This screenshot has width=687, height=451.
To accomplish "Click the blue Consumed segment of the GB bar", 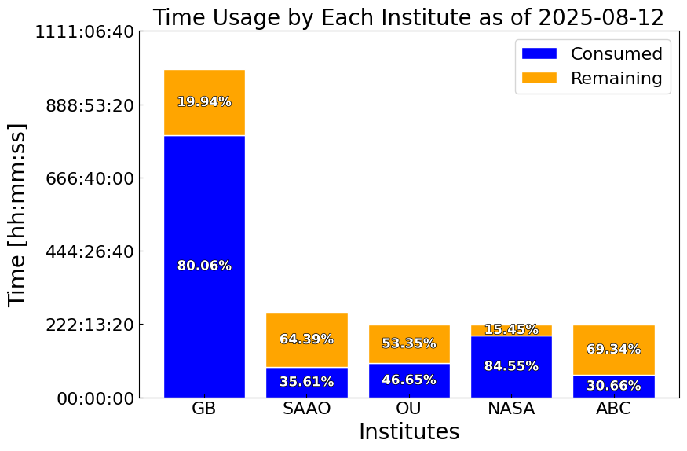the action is click(204, 266).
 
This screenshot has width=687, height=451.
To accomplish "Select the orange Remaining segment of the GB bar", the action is click(204, 103).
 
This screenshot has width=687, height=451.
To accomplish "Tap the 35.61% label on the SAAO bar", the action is click(307, 382).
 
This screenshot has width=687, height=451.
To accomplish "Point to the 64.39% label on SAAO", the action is click(307, 339).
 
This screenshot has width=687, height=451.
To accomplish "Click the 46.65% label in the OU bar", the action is click(409, 379).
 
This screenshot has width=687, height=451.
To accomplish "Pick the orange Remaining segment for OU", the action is click(409, 344).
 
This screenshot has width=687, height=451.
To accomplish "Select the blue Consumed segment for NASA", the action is click(511, 367).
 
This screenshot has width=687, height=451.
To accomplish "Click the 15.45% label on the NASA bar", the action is click(511, 329).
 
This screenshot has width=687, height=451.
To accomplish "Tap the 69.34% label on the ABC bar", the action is click(614, 350).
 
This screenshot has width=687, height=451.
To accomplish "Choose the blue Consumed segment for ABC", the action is click(614, 387).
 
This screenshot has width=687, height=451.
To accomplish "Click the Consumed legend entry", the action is click(592, 53).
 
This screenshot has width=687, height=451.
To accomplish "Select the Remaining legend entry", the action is click(592, 78).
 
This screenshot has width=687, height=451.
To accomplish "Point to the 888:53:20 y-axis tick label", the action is click(90, 105).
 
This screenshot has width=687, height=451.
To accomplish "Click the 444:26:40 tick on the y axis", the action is click(90, 251).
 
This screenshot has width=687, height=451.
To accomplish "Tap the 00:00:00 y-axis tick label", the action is click(96, 398).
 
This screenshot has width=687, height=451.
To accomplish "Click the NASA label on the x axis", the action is click(511, 409).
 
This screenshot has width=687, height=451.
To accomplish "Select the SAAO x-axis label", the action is click(307, 409).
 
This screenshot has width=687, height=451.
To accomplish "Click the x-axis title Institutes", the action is click(409, 431).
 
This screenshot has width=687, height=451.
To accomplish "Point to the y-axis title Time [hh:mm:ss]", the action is click(17, 214).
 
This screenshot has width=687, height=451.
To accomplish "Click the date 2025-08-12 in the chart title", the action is click(601, 18).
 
